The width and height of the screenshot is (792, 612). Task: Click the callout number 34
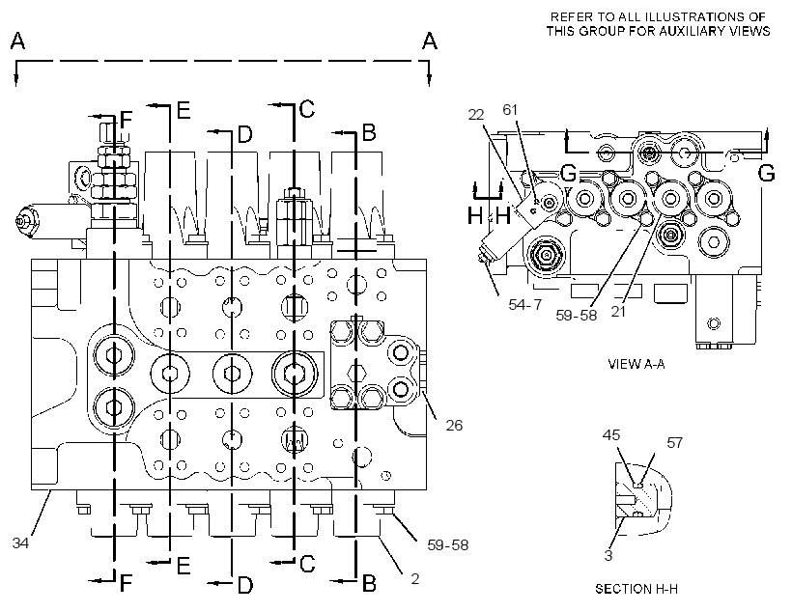click(x=20, y=543)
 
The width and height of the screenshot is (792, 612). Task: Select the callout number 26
click(x=454, y=426)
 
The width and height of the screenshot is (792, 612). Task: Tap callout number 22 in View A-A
click(x=476, y=115)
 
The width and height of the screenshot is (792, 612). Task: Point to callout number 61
click(x=510, y=110)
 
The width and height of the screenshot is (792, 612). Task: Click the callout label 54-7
click(x=525, y=304)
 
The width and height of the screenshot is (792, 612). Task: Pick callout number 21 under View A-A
click(x=618, y=312)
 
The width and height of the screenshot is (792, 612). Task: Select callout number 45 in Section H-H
click(x=611, y=434)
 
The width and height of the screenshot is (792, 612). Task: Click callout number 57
click(x=675, y=443)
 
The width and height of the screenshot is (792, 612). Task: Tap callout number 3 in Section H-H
click(x=608, y=555)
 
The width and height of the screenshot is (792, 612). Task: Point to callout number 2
click(x=415, y=578)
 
